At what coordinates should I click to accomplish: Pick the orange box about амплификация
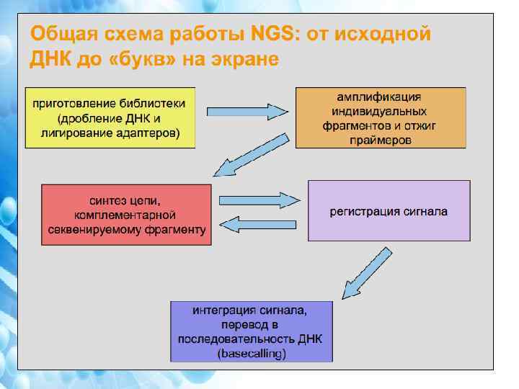pos(381,117)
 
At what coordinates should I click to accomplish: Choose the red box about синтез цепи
pos(127,215)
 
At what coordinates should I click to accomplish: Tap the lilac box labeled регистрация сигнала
pos(389,211)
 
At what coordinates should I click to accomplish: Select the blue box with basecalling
pos(252,331)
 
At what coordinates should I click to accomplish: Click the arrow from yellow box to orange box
pos(247,112)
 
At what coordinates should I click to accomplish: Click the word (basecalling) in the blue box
pos(252,353)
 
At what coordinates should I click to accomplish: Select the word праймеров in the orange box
pos(381,140)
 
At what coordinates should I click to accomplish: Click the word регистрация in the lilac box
pos(361,212)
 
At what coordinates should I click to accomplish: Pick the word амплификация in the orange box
pos(381,95)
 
